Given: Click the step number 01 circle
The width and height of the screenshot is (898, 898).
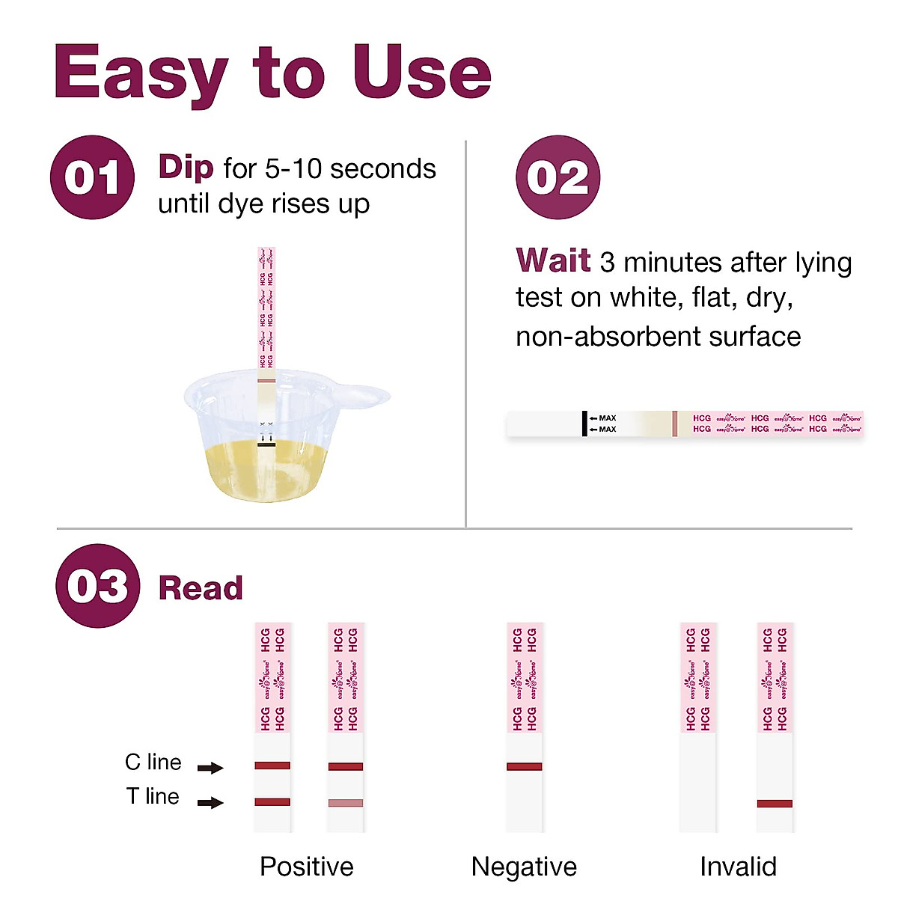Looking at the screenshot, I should tap(92, 177).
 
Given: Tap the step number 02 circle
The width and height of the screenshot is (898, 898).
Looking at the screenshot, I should tap(558, 177).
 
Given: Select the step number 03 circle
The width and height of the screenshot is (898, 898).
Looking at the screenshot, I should tap(97, 586).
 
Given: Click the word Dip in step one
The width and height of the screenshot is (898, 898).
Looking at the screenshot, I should tap(186, 167).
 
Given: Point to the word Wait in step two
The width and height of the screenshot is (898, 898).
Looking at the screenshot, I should tap(553, 260).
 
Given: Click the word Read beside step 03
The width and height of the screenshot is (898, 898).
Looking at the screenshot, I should tap(201, 588).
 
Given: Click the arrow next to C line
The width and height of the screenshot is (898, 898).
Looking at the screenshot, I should tap(210, 767).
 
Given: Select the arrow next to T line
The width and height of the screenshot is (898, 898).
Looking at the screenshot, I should tap(210, 802).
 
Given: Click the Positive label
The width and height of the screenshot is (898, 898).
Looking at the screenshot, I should tap(306, 867).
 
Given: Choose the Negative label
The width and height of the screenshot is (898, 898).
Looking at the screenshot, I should tap(524, 867).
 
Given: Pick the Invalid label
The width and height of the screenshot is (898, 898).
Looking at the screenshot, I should tap(738, 867).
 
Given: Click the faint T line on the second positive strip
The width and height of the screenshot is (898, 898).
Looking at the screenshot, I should tap(346, 803).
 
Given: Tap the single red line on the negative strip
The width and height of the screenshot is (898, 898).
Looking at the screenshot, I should tap(524, 766).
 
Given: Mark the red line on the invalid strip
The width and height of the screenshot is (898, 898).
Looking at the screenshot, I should tap(775, 804).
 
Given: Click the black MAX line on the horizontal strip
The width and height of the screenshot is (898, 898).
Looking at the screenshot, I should tap(584, 424).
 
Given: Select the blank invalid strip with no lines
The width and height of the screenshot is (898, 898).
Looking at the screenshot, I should tap(697, 782).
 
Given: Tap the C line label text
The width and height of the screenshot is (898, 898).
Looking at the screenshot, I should tap(153, 763).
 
